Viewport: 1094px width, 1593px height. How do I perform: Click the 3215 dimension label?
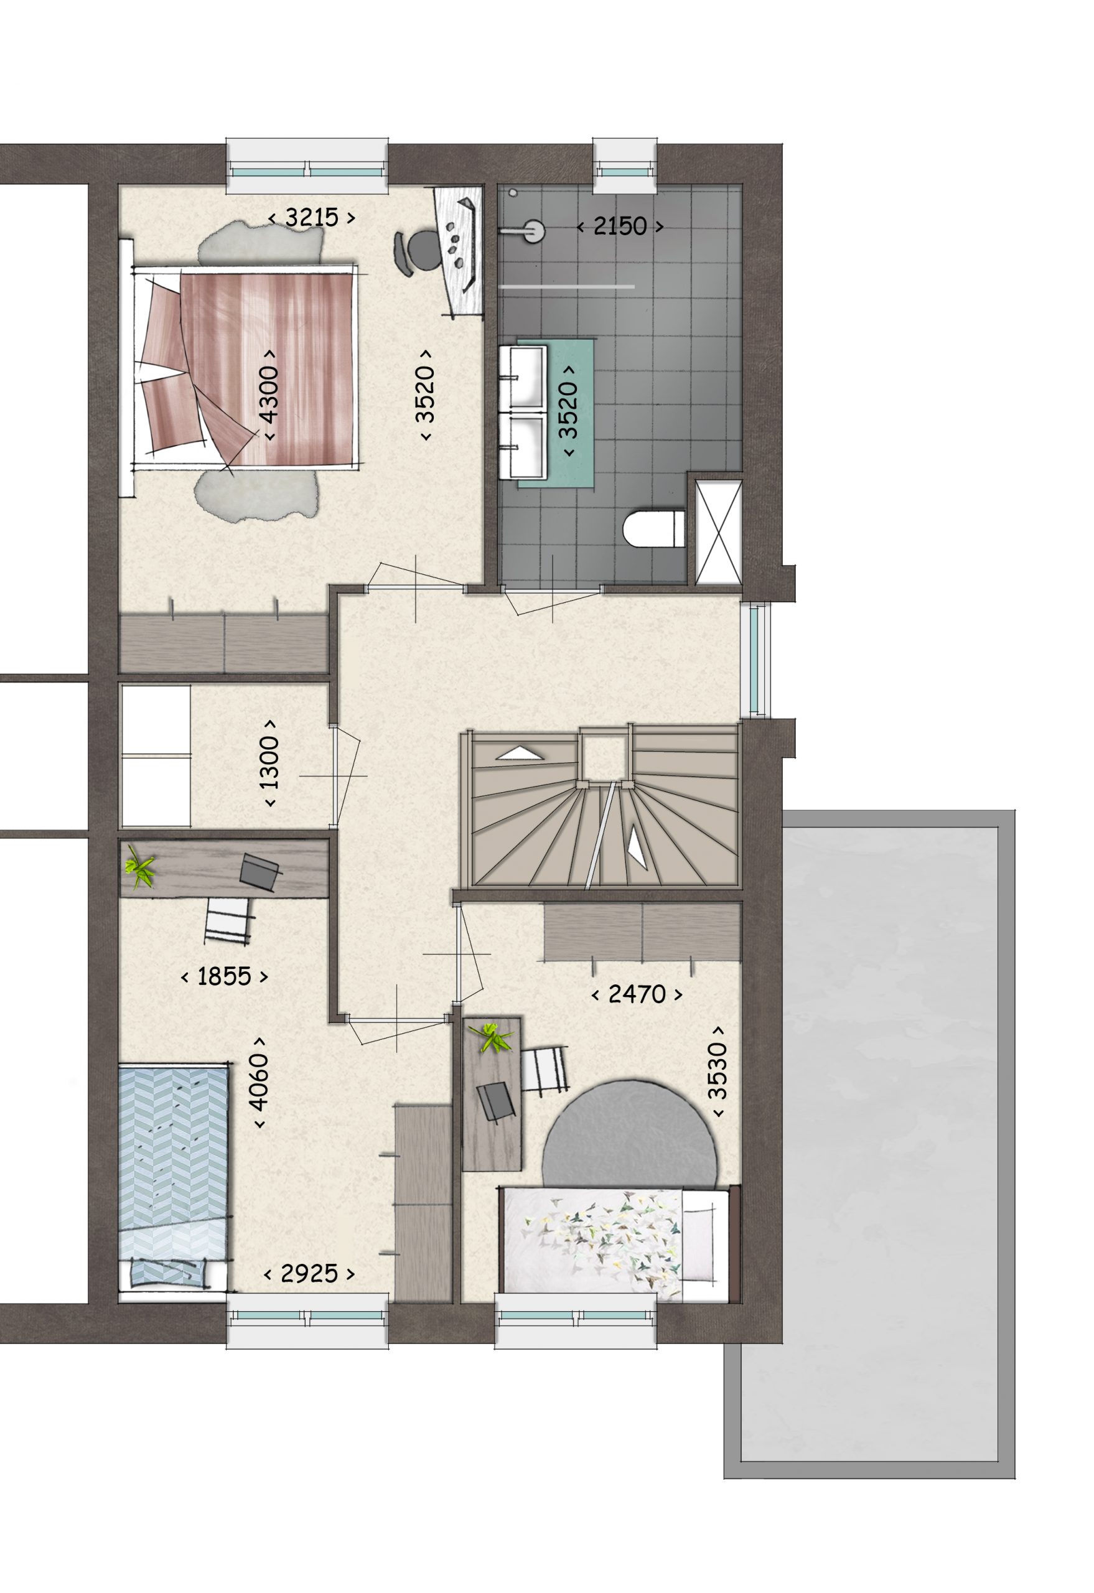pos(312,218)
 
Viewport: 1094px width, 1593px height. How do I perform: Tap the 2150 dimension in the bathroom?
pos(620,227)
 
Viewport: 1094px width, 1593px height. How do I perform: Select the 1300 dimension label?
pos(270,762)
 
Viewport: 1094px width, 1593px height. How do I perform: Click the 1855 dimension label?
pos(224,977)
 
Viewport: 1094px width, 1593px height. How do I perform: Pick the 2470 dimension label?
pos(637,994)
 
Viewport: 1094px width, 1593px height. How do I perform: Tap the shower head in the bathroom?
pos(531,231)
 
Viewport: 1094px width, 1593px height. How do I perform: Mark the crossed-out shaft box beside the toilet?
pos(718,533)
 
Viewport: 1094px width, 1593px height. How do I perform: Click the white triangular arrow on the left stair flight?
pos(520,754)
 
